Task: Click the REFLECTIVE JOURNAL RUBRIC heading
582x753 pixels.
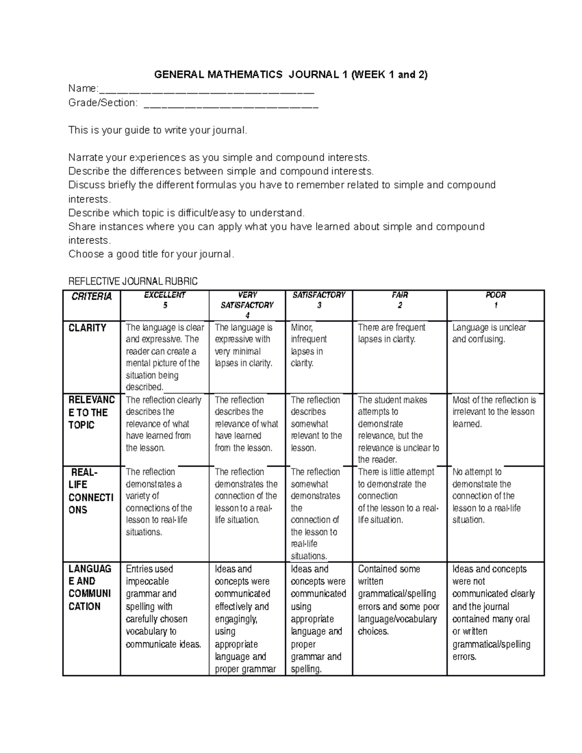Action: (133, 281)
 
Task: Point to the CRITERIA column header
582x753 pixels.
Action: (91, 297)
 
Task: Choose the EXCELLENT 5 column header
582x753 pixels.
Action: (165, 300)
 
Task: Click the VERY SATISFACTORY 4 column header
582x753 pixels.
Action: (247, 305)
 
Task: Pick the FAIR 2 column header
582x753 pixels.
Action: (400, 300)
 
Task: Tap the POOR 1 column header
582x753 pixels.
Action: (495, 300)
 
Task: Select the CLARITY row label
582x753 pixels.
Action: (87, 328)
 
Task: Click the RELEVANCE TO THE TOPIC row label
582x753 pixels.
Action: (91, 412)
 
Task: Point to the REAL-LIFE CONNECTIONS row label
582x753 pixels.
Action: (91, 491)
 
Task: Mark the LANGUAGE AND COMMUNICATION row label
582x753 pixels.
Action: (90, 587)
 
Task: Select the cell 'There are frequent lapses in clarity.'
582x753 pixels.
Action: (392, 333)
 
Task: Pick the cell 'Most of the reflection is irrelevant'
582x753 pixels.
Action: (494, 412)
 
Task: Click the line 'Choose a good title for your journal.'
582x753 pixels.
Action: (151, 254)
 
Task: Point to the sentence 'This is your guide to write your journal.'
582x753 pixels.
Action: (158, 130)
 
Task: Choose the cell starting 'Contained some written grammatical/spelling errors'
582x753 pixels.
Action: (398, 600)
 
